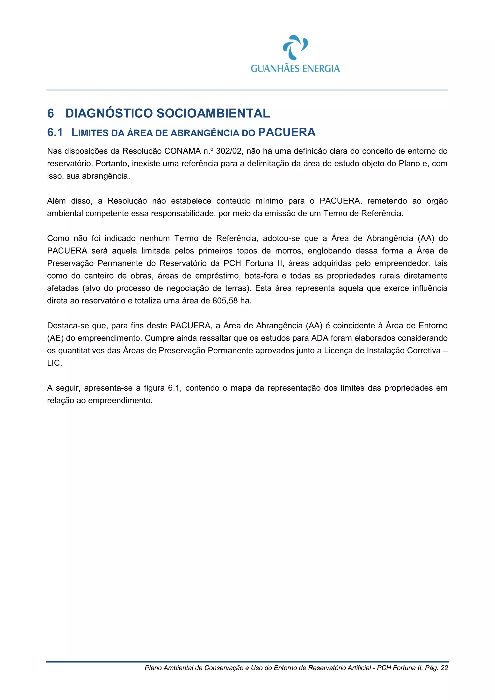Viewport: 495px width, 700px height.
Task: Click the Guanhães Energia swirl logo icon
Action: tap(295, 47)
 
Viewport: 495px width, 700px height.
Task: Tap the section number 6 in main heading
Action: tap(51, 113)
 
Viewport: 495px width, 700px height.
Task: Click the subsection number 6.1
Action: tap(55, 132)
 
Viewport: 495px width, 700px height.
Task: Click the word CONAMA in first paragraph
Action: tap(182, 151)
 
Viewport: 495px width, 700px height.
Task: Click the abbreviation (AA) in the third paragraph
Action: tap(426, 238)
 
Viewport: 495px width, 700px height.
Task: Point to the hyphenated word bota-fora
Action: tap(261, 276)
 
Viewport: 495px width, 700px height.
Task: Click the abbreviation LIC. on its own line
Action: tap(54, 363)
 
